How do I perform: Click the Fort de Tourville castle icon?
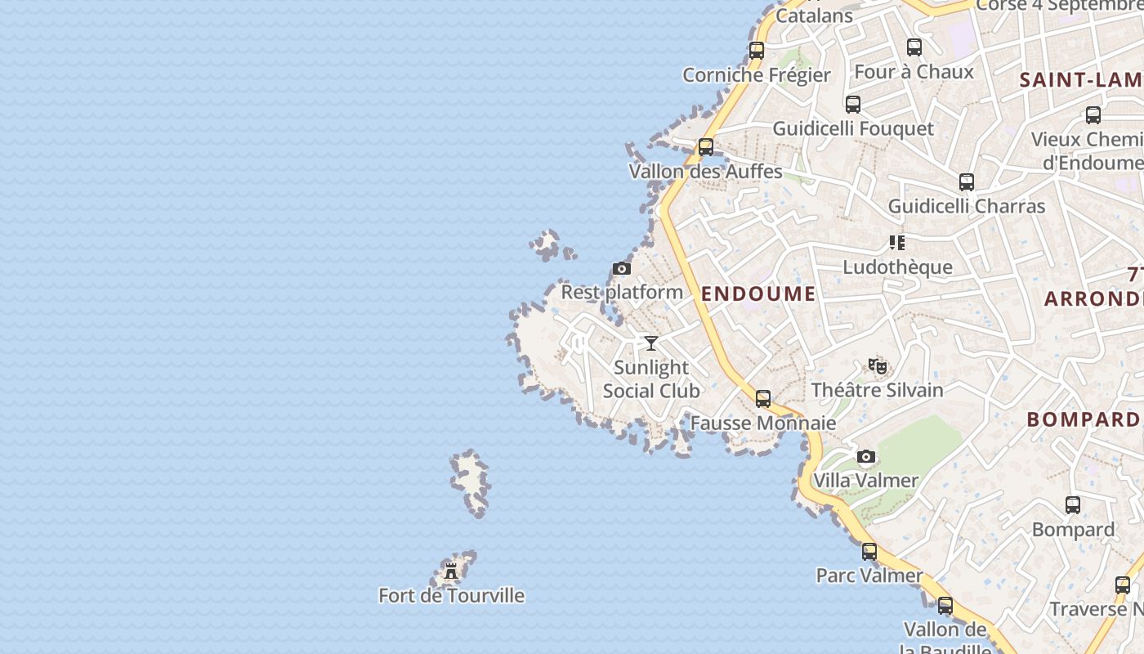tap(451, 571)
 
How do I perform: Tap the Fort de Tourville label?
tap(451, 596)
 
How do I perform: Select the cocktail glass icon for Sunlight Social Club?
tap(651, 343)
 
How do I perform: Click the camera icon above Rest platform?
tap(622, 268)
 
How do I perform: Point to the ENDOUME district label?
tap(758, 294)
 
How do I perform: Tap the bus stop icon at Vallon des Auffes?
tap(706, 147)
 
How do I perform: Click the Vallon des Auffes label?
tap(706, 172)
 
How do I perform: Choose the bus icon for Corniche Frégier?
tap(757, 50)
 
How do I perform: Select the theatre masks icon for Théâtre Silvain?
tap(878, 365)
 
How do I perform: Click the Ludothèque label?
tap(897, 267)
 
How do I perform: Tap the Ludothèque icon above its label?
tap(897, 243)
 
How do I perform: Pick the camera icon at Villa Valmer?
tap(866, 456)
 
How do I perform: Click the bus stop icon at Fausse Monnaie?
tap(763, 399)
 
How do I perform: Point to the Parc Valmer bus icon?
tap(869, 552)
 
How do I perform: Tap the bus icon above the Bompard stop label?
tap(1073, 505)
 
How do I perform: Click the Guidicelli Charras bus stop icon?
tap(967, 182)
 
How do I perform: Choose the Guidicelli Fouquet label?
tap(853, 129)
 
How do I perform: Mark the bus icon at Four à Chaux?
tap(914, 47)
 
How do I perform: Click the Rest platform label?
tap(622, 292)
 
